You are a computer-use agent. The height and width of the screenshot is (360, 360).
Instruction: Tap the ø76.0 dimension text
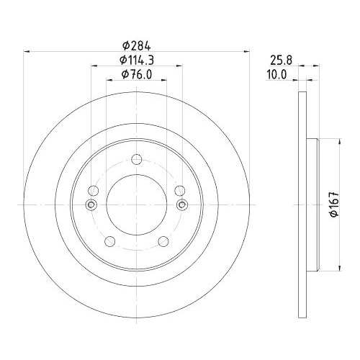pyautogui.click(x=136, y=75)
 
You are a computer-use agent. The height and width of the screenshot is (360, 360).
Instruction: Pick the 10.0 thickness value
pyautogui.click(x=278, y=75)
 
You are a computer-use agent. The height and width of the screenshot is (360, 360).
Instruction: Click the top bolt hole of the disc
pyautogui.click(x=136, y=161)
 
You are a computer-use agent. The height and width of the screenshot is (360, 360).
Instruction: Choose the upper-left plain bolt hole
pyautogui.click(x=93, y=191)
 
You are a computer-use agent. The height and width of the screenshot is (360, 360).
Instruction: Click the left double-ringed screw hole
pyautogui.click(x=90, y=206)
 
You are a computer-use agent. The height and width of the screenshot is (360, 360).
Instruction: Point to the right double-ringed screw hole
pyautogui.click(x=182, y=206)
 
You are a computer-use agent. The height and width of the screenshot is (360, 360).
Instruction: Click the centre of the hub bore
pyautogui.click(x=136, y=205)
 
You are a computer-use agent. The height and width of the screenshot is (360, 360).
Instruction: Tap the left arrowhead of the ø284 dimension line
pyautogui.click(x=29, y=50)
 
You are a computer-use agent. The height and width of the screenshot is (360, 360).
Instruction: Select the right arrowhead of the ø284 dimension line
pyautogui.click(x=243, y=50)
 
